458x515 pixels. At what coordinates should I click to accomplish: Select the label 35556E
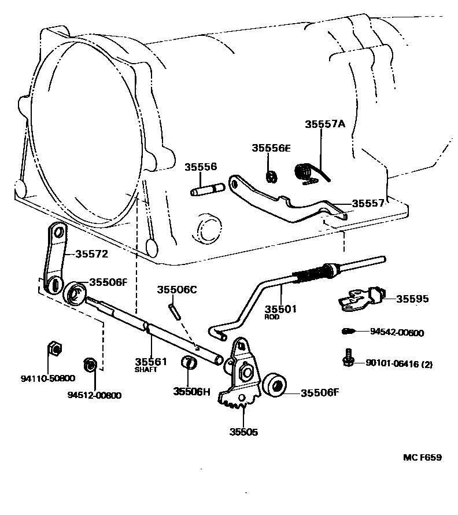pos(271,148)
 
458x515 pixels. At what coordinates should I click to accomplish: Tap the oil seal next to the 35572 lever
pos(75,292)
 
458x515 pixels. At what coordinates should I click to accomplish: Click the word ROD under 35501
pos(272,317)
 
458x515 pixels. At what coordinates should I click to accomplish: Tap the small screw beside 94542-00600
pos(348,332)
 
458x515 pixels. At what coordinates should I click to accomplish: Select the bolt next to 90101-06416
pos(349,358)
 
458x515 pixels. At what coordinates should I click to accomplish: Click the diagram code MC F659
pos(422,458)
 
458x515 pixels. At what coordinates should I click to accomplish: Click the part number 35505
pos(243,431)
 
